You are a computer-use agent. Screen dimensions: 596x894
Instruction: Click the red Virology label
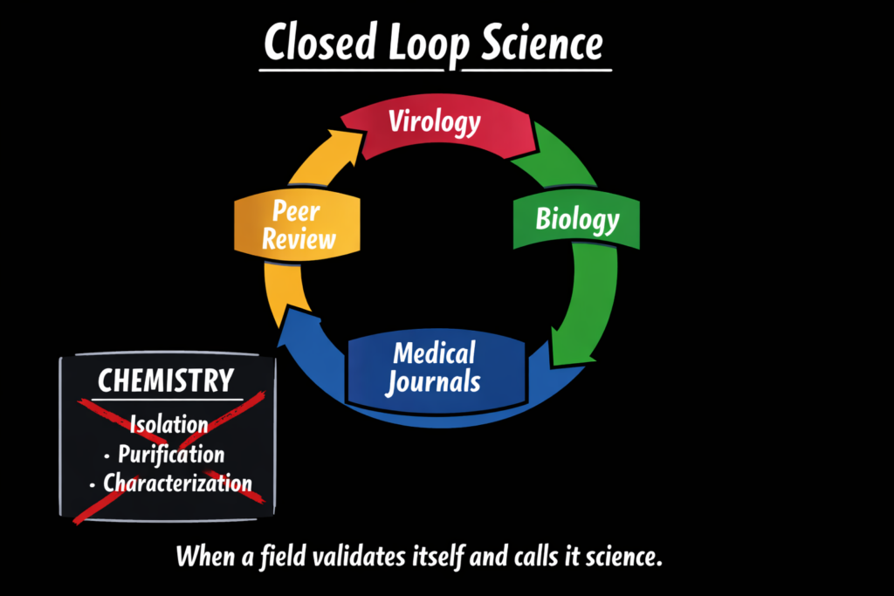tap(435, 121)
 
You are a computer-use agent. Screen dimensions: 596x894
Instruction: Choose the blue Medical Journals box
tap(435, 367)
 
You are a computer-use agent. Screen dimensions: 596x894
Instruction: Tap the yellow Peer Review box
tap(299, 225)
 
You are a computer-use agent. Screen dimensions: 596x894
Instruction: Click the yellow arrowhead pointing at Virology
tap(348, 140)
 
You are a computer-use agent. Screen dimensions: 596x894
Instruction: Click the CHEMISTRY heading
tap(166, 380)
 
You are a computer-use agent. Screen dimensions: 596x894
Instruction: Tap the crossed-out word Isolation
tap(168, 425)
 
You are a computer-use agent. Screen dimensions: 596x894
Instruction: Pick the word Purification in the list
tap(171, 454)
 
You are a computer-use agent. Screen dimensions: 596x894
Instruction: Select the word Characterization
tap(177, 483)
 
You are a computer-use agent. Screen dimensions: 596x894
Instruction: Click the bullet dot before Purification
tap(107, 456)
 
